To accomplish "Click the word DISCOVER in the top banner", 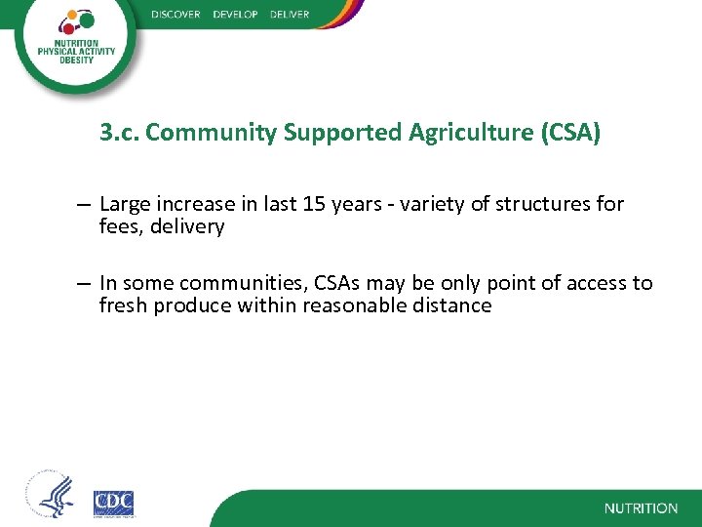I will click(x=175, y=14).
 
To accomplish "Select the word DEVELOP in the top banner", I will click(x=234, y=14).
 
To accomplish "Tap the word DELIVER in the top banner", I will click(x=289, y=14).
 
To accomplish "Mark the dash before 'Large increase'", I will click(x=86, y=205).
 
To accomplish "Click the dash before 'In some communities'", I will click(x=86, y=284).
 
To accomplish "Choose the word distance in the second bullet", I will click(x=452, y=305).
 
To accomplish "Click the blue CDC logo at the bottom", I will click(x=113, y=503).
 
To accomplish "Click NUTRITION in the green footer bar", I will click(x=641, y=508).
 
